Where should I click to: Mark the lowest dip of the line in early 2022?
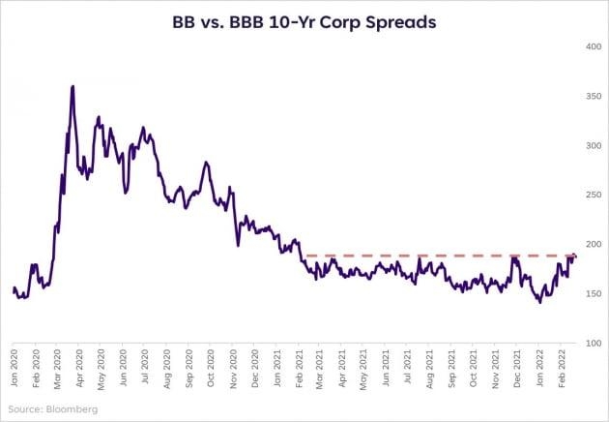click(x=539, y=303)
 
